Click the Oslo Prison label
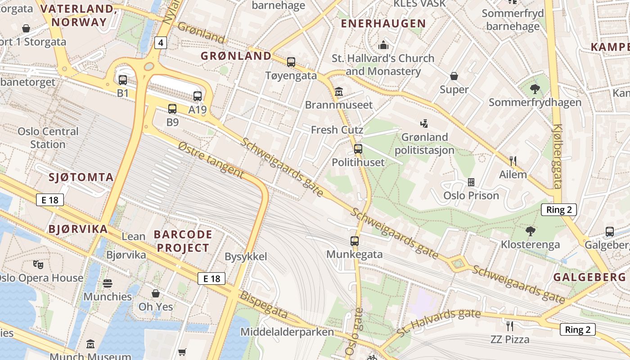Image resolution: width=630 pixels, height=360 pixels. (x=471, y=196)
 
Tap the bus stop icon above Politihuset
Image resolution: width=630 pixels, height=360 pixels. (x=358, y=149)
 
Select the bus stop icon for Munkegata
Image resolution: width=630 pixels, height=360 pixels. (x=355, y=241)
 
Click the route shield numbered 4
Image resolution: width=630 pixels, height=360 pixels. (x=161, y=43)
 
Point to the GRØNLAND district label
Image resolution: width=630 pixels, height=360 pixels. (x=236, y=56)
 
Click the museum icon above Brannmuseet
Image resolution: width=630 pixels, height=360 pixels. (x=339, y=92)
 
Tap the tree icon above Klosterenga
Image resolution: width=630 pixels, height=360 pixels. (x=531, y=231)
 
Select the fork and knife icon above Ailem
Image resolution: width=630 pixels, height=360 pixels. (x=513, y=161)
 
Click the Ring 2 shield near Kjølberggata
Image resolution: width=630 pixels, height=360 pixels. (x=558, y=209)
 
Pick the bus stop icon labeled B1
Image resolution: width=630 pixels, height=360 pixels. (x=123, y=80)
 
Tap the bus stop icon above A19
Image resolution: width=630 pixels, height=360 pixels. (x=198, y=96)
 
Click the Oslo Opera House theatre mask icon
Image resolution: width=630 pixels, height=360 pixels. (x=38, y=265)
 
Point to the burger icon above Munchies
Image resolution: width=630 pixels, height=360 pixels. (x=108, y=283)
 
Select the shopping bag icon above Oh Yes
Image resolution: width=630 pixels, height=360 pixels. (x=156, y=293)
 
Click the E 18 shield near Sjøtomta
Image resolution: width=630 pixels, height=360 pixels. (x=50, y=200)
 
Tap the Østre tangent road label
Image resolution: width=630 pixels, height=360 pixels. (x=211, y=160)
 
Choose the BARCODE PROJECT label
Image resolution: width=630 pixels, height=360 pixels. (x=183, y=241)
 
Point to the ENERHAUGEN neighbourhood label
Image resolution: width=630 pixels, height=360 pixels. (x=383, y=23)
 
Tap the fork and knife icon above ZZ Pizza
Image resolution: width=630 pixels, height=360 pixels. (x=510, y=326)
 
